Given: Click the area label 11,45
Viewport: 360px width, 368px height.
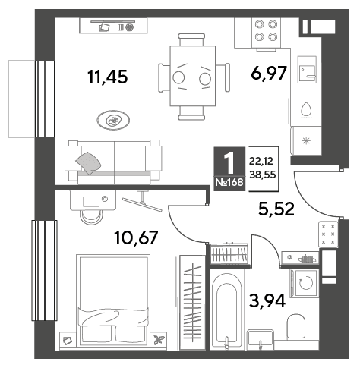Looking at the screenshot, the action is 108,77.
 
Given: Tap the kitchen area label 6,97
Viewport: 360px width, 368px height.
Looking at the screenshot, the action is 269,73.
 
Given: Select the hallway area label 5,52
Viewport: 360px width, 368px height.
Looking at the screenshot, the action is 276,209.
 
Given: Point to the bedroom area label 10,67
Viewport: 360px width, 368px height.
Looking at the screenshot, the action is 136,237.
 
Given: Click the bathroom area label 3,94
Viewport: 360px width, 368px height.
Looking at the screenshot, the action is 267,300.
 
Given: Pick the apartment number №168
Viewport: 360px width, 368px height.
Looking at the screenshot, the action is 229,182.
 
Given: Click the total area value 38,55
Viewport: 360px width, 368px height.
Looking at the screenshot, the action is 263,175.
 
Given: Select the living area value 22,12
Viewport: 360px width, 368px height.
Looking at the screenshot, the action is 261,161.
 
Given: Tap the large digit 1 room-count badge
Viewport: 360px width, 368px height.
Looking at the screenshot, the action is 229,162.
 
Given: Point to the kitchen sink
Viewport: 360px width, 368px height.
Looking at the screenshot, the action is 307,70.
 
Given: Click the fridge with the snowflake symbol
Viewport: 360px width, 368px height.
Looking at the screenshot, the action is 306,140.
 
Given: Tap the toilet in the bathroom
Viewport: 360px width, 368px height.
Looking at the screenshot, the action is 296,327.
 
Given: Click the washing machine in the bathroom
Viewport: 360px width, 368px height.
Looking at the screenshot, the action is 305,283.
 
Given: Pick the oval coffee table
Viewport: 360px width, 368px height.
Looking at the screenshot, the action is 113,121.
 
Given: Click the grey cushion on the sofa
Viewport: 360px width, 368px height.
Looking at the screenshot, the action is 88,162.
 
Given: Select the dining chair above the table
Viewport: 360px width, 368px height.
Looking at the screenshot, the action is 191,39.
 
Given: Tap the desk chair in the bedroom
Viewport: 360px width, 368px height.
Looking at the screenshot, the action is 91,217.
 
